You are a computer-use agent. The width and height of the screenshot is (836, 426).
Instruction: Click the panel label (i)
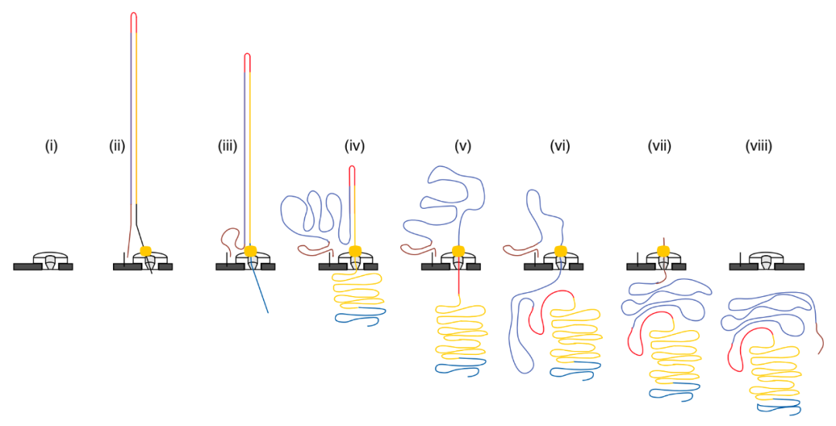tap(51, 145)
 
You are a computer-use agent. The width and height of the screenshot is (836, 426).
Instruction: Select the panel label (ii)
tap(117, 145)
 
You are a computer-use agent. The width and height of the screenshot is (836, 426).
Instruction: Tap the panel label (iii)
tap(228, 145)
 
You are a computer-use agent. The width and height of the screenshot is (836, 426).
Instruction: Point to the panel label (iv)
tap(355, 145)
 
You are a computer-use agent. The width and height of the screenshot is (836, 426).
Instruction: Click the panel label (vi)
tap(560, 145)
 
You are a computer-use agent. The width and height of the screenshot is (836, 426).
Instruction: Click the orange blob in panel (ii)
tap(146, 250)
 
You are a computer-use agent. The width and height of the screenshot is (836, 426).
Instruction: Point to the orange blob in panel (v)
tap(458, 250)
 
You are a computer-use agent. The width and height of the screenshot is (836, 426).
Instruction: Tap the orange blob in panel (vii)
tap(663, 250)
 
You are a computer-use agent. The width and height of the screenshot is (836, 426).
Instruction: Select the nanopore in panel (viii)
tap(766, 261)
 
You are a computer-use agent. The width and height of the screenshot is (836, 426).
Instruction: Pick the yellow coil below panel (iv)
tap(355, 292)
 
